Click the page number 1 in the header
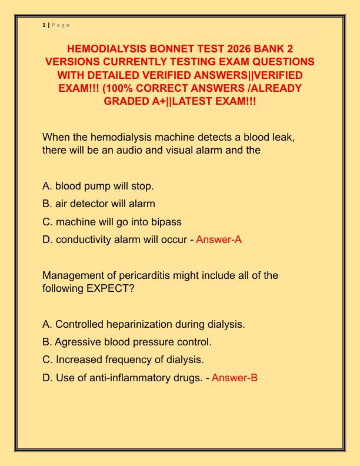[x=44, y=25]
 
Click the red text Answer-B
[x=234, y=378]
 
